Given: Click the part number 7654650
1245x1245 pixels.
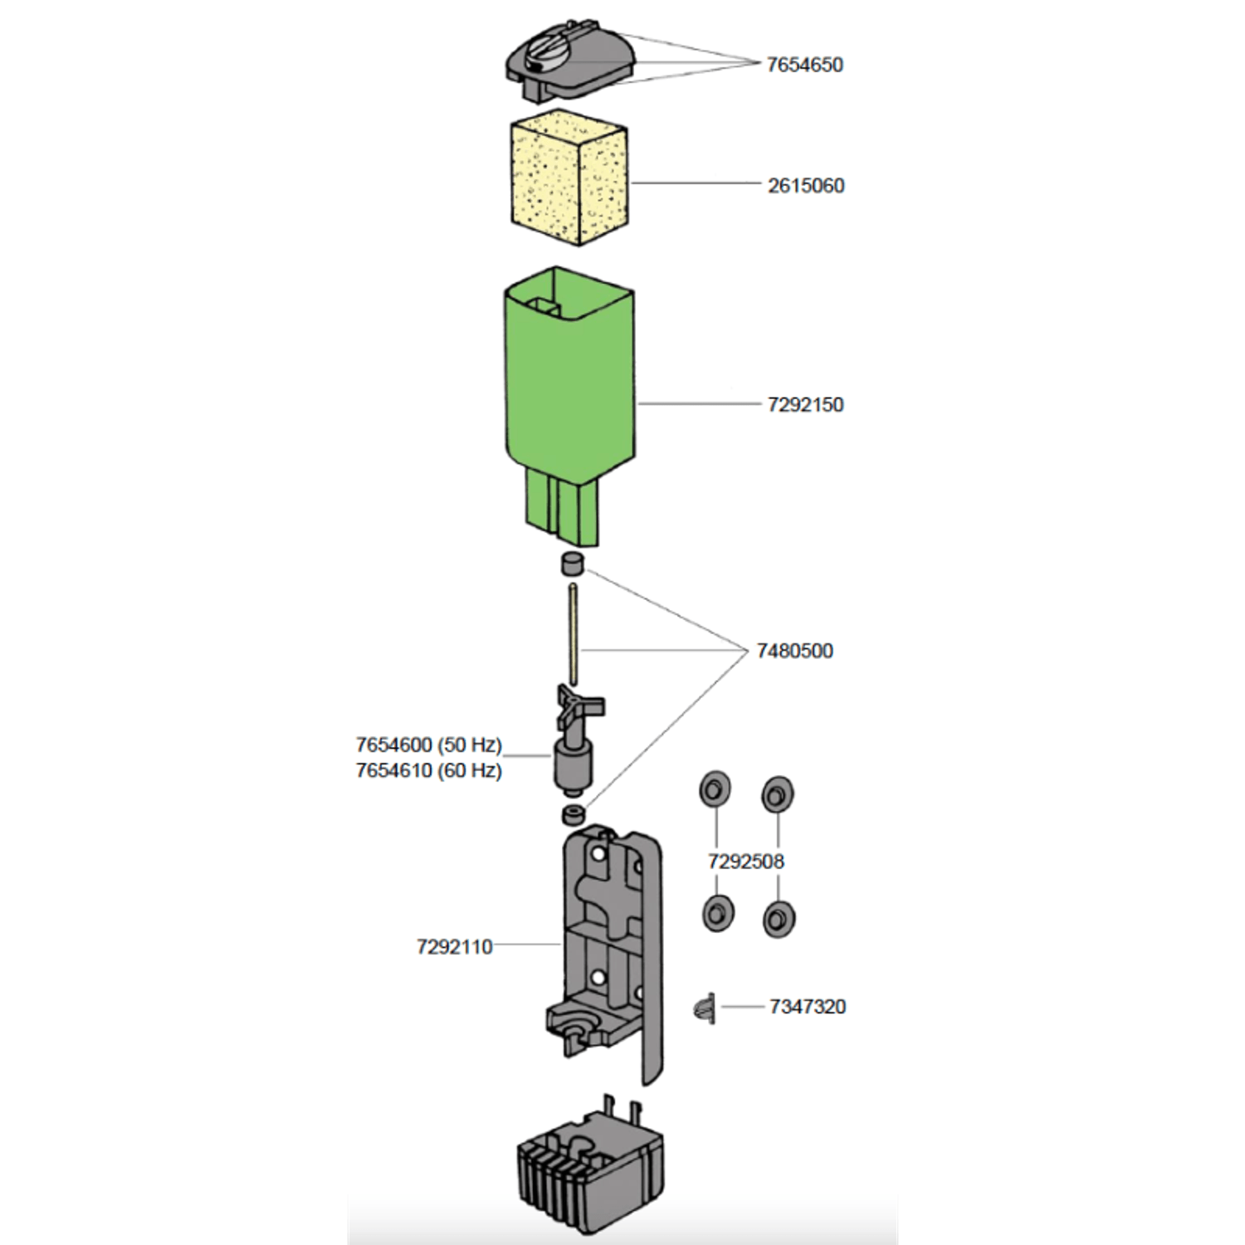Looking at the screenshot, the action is (804, 65).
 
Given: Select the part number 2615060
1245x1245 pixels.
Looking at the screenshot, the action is (806, 185).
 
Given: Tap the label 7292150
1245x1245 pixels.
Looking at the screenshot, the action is (805, 405).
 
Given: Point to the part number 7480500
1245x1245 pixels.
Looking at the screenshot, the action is (794, 651).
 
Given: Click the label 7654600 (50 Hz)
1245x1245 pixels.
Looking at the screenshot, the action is (429, 745).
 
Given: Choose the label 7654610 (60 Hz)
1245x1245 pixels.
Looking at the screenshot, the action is (429, 770).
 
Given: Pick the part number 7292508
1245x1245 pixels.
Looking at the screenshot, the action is (745, 862).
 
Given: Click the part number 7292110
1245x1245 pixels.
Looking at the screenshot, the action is (455, 946).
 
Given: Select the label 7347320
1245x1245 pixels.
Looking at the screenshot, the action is (807, 1007).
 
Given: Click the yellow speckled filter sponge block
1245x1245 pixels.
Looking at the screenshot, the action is (569, 182).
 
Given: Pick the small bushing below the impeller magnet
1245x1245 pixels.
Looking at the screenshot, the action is (573, 814).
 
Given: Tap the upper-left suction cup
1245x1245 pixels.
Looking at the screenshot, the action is (715, 788).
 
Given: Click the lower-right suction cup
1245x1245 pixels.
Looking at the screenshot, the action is (779, 919).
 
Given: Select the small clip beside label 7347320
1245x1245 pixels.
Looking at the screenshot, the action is (703, 1008).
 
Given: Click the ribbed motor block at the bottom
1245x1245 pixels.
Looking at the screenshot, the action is (589, 1164).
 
